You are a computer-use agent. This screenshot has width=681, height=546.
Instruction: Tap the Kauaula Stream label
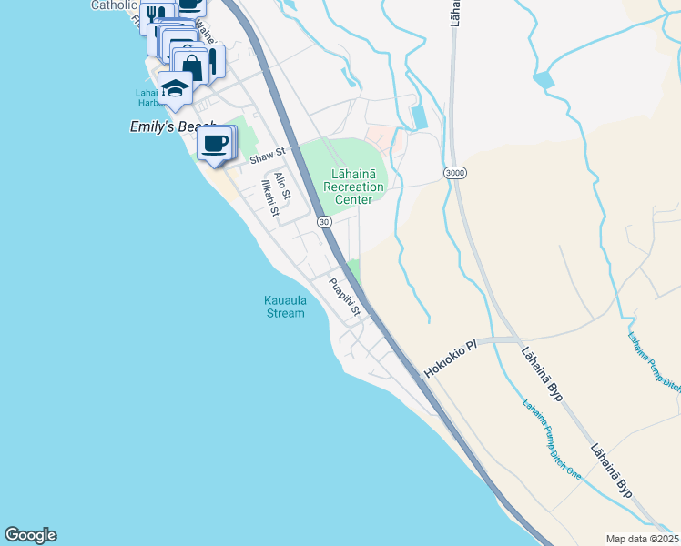284,306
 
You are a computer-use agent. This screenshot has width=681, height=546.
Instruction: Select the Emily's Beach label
173,128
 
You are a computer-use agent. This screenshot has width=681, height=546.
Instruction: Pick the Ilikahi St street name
269,197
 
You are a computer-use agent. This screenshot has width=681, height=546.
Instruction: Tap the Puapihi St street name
345,298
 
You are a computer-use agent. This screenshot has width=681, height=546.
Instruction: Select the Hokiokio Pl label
450,359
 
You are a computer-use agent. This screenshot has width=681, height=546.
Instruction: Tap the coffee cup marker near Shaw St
215,144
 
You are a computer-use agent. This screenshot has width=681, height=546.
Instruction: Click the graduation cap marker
175,89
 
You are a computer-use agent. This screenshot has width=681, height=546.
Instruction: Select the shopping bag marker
192,66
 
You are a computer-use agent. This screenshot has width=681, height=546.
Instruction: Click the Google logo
30,535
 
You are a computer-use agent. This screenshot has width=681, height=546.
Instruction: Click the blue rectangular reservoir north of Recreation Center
419,117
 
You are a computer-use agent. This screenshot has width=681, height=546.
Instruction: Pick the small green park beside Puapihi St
354,270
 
